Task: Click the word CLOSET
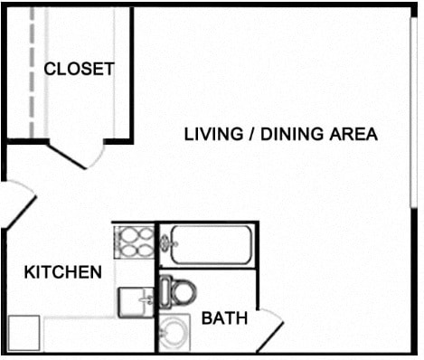pos(80,69)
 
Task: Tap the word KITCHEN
pos(62,271)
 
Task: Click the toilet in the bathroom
pos(180,291)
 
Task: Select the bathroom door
pos(269,331)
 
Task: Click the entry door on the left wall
pos(14,204)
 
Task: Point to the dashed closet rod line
pos(33,72)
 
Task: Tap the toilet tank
pos(165,291)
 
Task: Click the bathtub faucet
pos(165,242)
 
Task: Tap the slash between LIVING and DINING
pos(247,135)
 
